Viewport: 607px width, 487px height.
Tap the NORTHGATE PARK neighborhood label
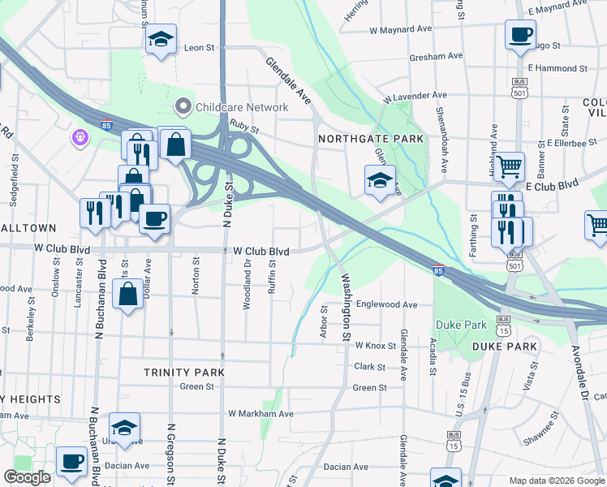click(x=371, y=139)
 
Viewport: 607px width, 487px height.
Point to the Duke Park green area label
click(x=461, y=325)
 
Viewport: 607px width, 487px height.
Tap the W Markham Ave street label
click(x=260, y=414)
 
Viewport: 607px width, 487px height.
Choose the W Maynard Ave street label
click(x=400, y=29)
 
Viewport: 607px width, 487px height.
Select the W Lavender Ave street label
click(x=415, y=97)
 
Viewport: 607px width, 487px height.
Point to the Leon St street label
click(x=199, y=48)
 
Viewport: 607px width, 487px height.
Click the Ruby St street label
click(x=243, y=127)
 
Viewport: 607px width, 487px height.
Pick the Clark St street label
click(x=369, y=367)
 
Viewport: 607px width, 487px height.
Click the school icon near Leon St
click(x=161, y=38)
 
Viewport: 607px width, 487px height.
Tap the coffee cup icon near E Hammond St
click(x=520, y=34)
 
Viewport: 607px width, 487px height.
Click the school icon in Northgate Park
click(x=379, y=181)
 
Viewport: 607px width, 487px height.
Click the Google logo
click(x=28, y=477)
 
